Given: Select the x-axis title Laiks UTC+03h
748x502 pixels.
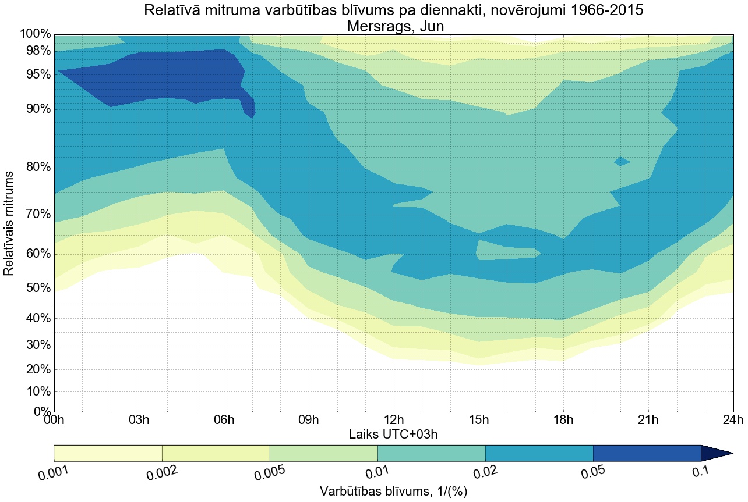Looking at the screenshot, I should pyautogui.click(x=393, y=434).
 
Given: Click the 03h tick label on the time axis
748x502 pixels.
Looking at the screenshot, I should pyautogui.click(x=139, y=420).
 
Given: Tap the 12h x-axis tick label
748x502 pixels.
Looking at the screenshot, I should pyautogui.click(x=393, y=420).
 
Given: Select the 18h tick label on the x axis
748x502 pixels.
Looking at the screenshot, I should pyautogui.click(x=562, y=420).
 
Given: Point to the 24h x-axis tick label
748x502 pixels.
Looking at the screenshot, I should pyautogui.click(x=732, y=420).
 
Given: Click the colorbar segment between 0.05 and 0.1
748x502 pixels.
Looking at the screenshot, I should pyautogui.click(x=647, y=453).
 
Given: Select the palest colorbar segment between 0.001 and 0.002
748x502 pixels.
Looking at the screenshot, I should pyautogui.click(x=108, y=453).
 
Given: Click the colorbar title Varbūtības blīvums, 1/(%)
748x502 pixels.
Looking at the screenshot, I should pyautogui.click(x=393, y=492).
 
